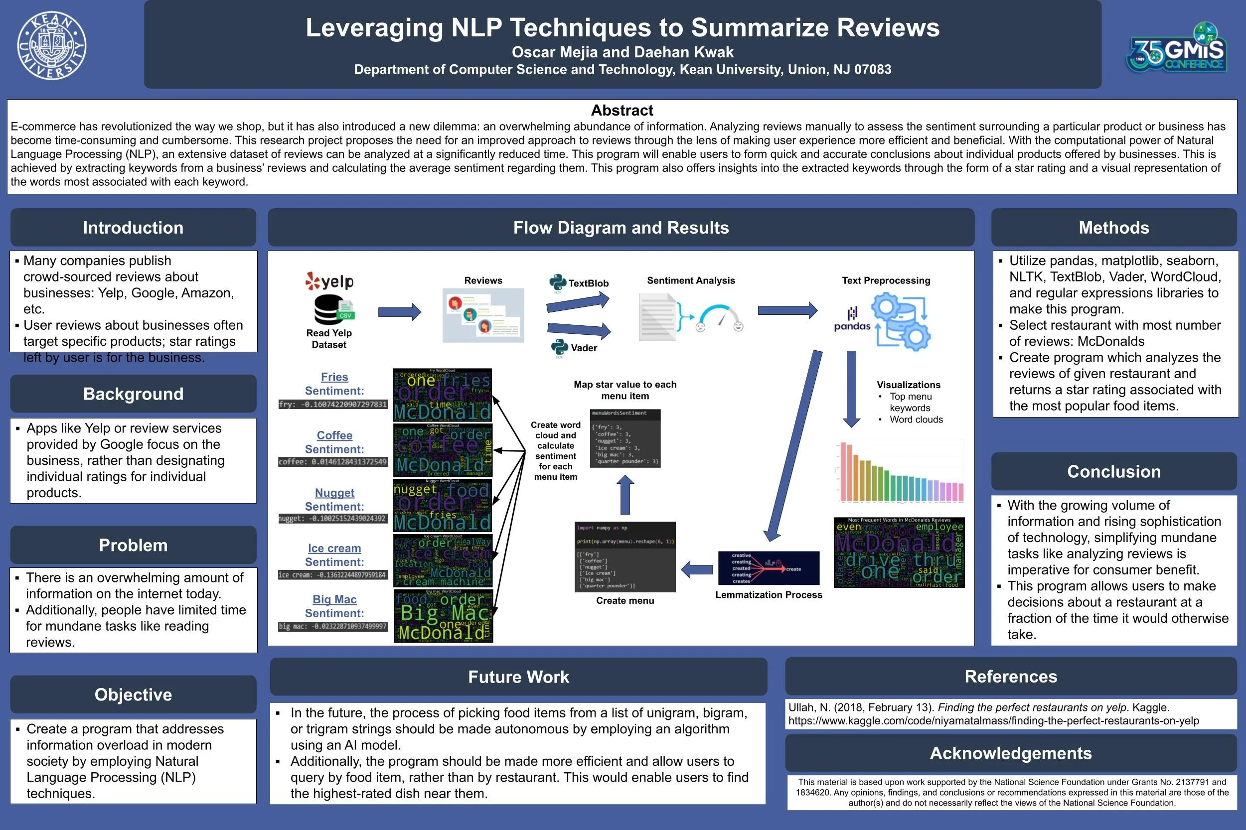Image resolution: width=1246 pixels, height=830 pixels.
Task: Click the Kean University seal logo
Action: tap(51, 46)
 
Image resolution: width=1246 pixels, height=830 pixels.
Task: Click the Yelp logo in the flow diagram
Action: tap(329, 281)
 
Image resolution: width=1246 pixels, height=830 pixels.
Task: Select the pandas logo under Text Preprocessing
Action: tap(852, 319)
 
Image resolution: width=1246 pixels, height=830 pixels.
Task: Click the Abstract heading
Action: tap(622, 110)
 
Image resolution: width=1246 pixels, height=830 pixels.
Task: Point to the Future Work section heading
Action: tap(518, 677)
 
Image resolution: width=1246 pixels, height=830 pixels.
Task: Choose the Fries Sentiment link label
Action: tap(334, 377)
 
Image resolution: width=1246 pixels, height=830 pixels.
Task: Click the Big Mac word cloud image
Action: tap(443, 616)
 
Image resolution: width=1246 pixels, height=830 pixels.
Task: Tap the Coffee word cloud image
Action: tap(443, 450)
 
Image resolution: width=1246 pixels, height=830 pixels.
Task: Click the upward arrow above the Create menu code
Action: tap(625, 494)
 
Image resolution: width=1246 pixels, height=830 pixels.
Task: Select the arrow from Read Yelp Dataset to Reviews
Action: tap(399, 312)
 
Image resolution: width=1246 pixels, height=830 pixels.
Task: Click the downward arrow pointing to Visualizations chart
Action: tap(851, 389)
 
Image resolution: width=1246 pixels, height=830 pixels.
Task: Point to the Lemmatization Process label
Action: tap(769, 594)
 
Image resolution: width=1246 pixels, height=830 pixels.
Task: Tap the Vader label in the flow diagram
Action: tap(584, 348)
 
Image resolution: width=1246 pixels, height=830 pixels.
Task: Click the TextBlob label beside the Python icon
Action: tap(588, 283)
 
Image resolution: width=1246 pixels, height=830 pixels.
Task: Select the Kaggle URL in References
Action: tap(993, 720)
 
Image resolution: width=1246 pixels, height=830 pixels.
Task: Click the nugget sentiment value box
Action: tap(332, 519)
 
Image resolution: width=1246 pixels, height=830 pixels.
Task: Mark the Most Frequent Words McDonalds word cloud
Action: tap(899, 553)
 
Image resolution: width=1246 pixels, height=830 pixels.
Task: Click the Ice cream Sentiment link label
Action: tap(334, 549)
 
